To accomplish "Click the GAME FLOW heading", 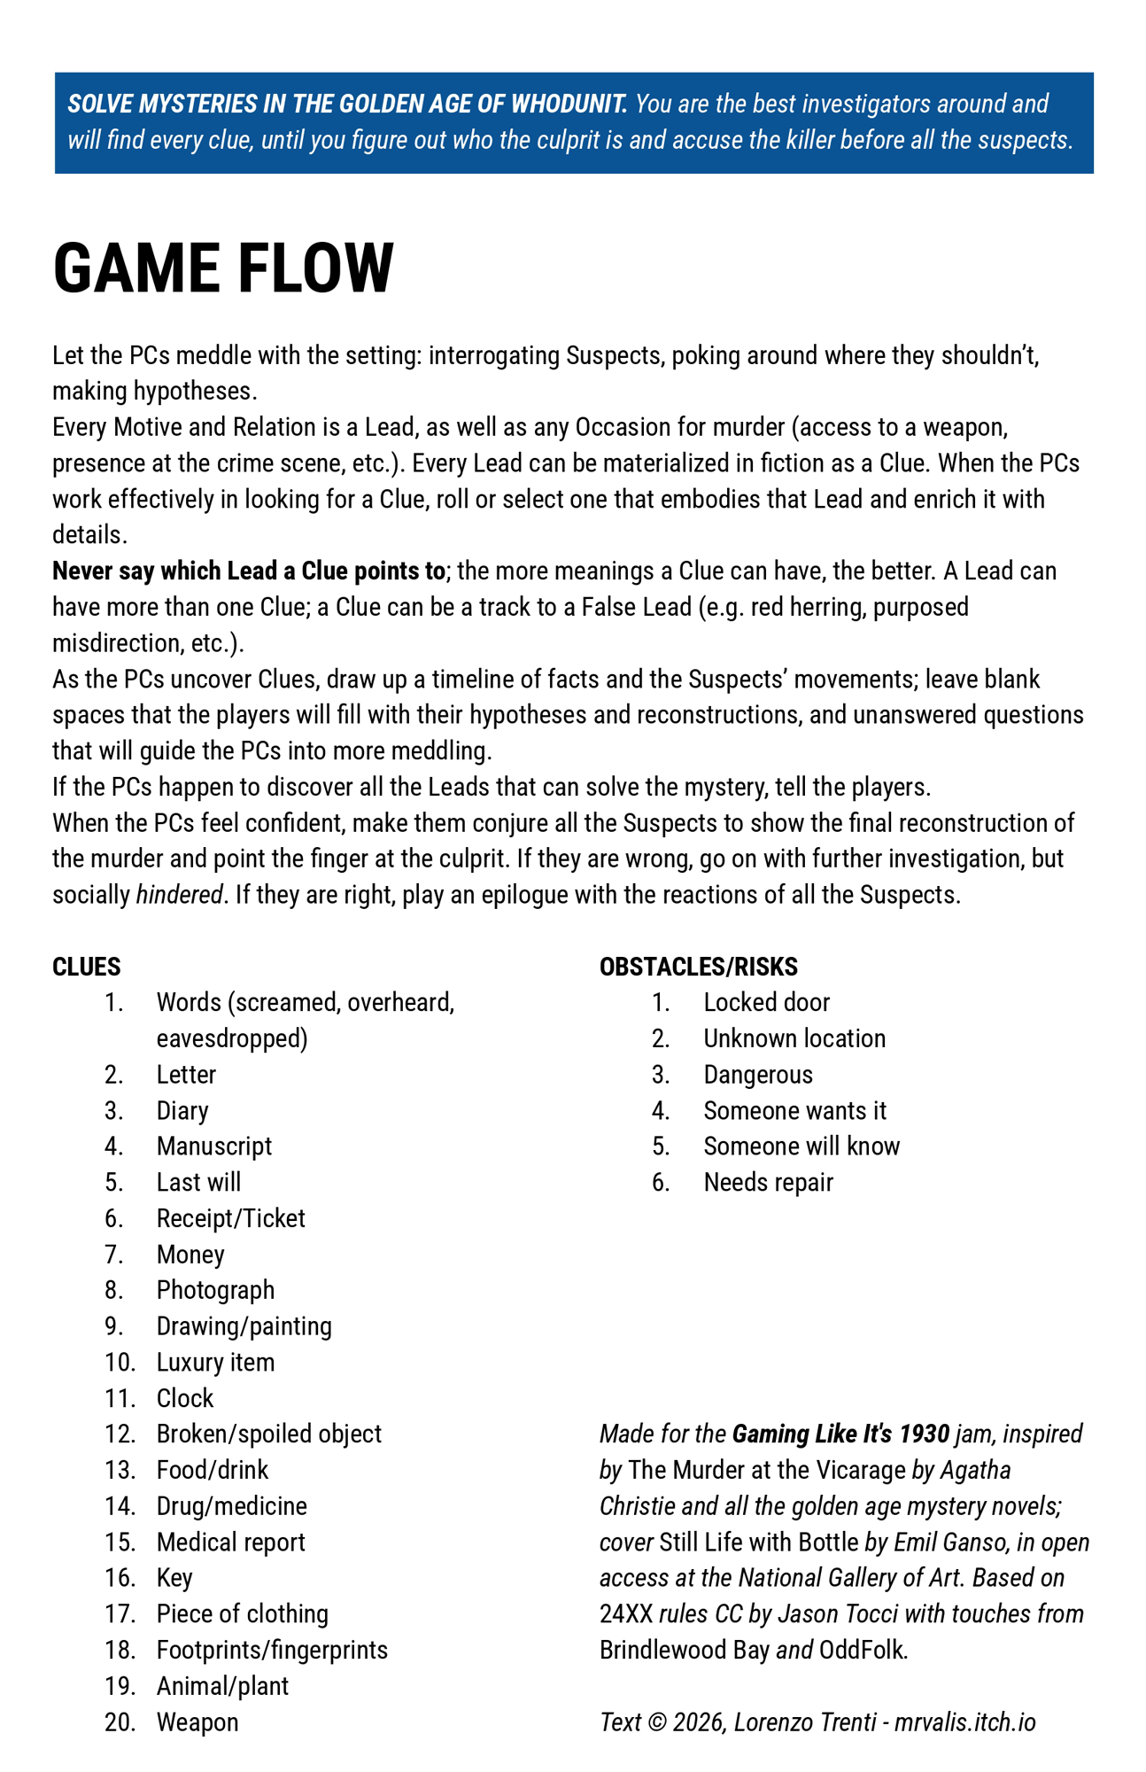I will (223, 268).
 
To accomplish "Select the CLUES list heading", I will (87, 967).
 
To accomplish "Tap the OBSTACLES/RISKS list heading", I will (698, 967).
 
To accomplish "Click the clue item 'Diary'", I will (182, 1111).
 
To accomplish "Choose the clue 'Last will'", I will (198, 1183).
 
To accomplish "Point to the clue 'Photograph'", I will (215, 1290).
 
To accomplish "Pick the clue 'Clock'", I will (185, 1398).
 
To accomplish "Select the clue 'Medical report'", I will (230, 1543).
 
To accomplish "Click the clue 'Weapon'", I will (197, 1722).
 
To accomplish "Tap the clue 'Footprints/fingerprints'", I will (272, 1650).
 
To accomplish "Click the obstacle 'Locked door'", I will (766, 1003).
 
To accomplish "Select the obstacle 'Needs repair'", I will (768, 1183).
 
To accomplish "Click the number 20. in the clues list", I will (120, 1722).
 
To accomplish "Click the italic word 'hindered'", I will (178, 895).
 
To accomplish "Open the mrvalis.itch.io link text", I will (964, 1722).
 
